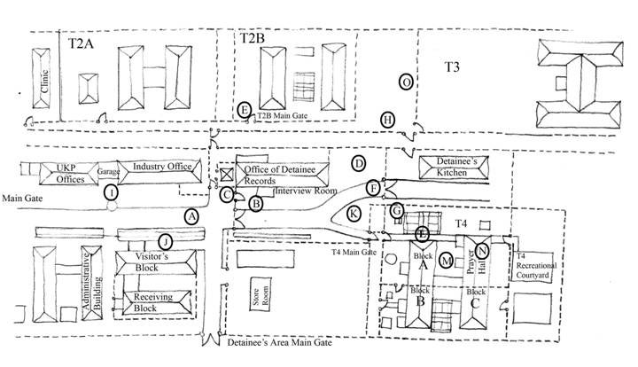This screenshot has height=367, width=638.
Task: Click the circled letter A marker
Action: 192,215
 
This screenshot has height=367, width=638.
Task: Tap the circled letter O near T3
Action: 406,82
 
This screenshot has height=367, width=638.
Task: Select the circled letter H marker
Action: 388,120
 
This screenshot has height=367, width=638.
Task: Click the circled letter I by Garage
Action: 112,192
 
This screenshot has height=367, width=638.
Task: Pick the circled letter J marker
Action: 165,241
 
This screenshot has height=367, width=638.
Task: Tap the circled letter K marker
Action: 354,213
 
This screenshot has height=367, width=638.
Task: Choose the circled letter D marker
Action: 358,163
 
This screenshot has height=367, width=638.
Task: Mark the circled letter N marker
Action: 482,250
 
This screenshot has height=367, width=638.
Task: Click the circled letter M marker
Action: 447,260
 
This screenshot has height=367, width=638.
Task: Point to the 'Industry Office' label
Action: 162,167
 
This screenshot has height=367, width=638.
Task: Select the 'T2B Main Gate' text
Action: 288,114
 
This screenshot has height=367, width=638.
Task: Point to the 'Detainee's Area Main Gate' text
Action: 281,341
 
